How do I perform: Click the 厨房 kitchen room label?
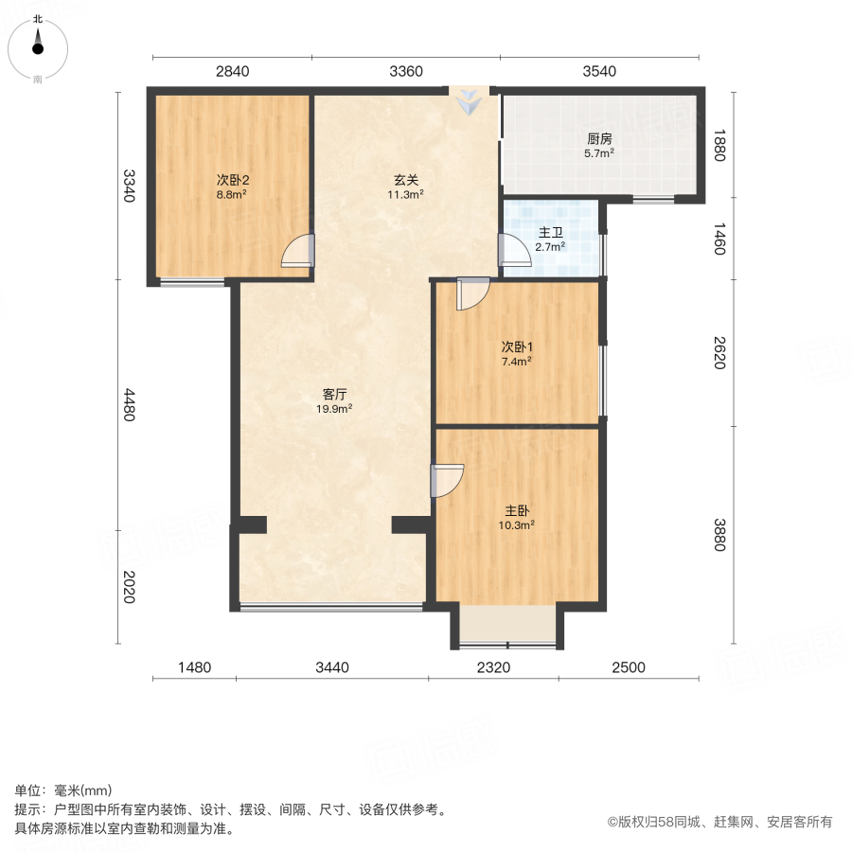(599, 138)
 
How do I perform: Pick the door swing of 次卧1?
(470, 293)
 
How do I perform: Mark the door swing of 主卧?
(447, 480)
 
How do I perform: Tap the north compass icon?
(38, 43)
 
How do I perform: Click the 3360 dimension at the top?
(405, 71)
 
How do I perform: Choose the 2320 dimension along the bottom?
(493, 667)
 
